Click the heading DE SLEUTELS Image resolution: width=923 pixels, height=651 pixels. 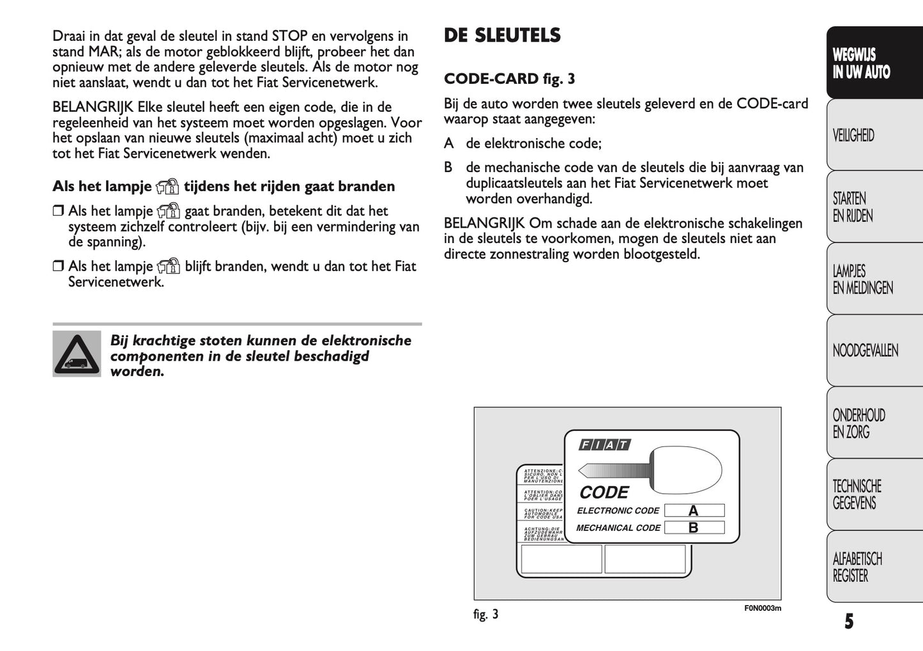pos(502,35)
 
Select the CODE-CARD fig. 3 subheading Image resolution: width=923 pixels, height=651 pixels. pos(509,79)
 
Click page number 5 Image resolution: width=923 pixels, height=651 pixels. pos(848,622)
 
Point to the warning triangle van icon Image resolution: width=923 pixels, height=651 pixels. pos(77,354)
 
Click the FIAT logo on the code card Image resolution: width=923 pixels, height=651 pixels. pos(604,445)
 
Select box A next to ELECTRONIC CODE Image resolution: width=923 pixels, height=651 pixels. pos(694,510)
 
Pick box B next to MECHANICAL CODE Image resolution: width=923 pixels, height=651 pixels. pos(694,528)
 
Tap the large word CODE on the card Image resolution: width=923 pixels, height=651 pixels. pos(604,492)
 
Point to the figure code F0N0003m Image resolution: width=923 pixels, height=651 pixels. pos(762,608)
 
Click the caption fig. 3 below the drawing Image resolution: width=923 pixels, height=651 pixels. pos(485,615)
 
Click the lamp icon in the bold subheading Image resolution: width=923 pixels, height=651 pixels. pos(168,187)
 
